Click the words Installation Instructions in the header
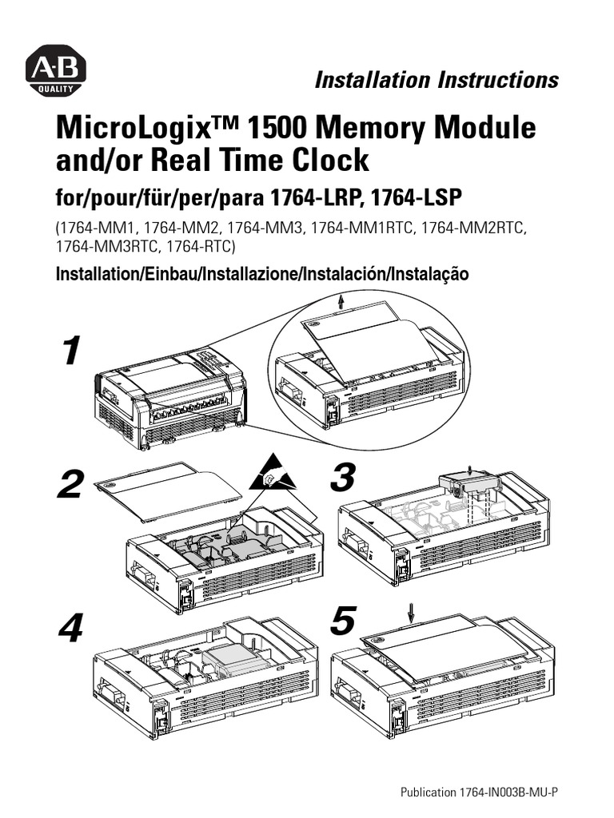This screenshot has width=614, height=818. coord(436,80)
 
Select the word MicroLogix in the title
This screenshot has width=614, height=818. coord(132,129)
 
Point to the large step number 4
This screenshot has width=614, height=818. coord(71,631)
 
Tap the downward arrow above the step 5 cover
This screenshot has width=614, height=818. coord(412,612)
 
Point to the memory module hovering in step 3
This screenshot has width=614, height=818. coord(468,482)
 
